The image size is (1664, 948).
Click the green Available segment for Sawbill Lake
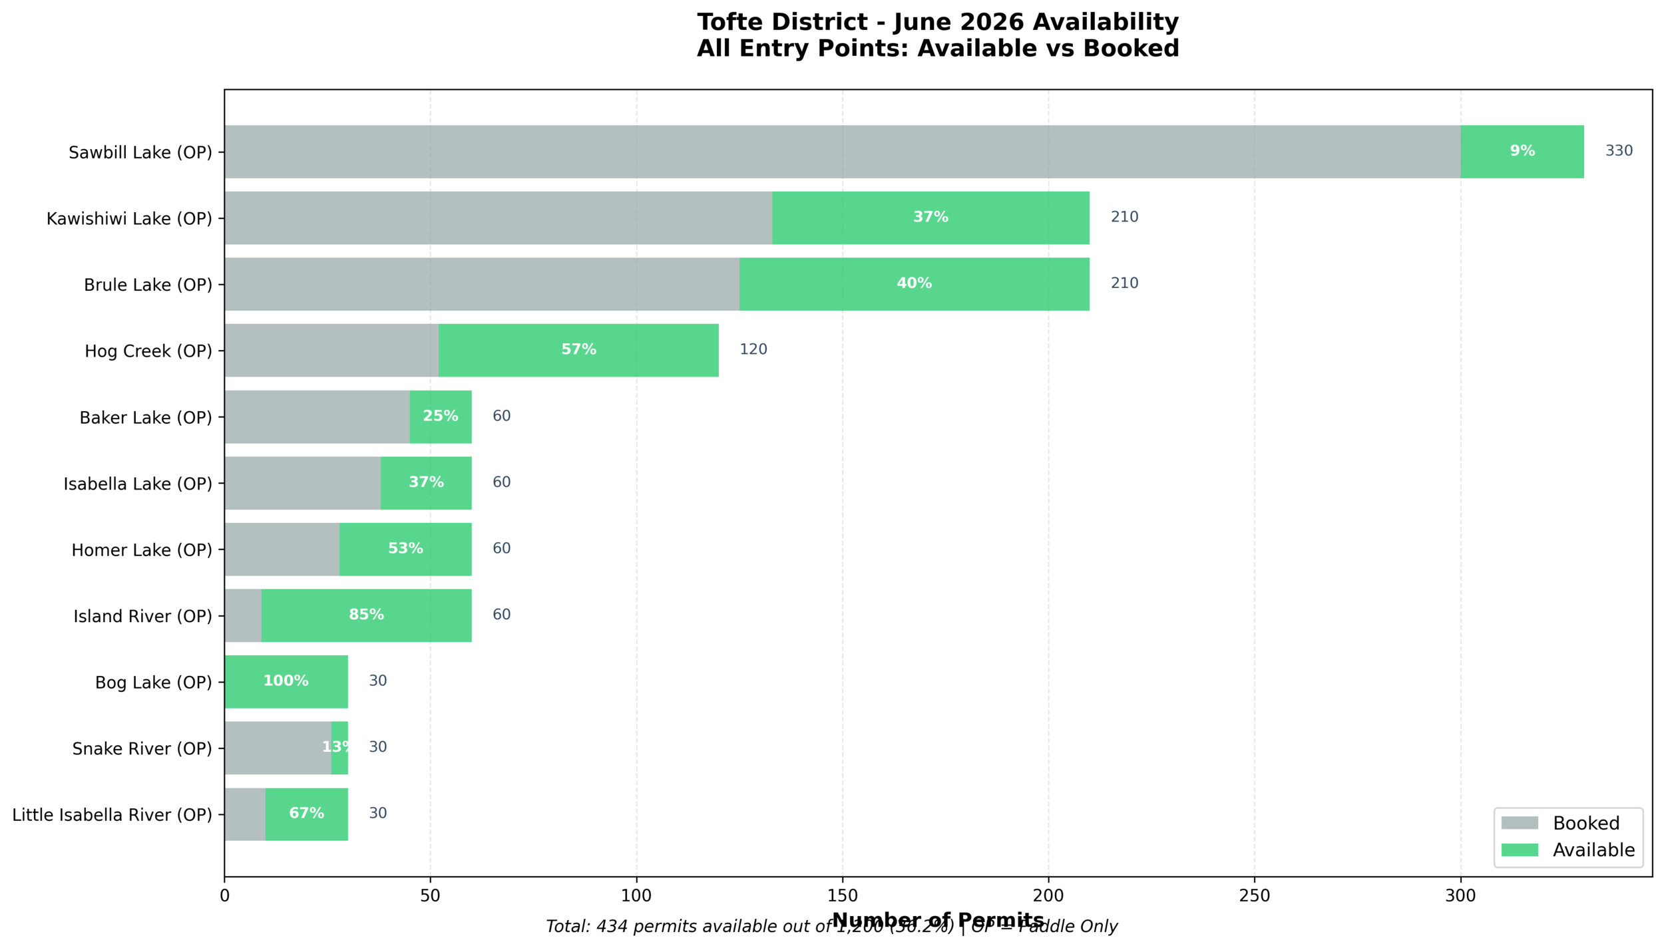tap(1522, 151)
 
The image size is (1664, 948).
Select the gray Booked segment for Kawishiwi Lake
tap(498, 218)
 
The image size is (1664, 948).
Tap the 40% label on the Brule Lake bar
tap(914, 283)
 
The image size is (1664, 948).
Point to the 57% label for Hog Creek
tap(578, 350)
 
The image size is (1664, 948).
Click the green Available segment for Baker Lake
tap(440, 416)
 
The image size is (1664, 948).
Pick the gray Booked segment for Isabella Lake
tap(302, 483)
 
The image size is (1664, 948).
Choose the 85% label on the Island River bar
tap(366, 615)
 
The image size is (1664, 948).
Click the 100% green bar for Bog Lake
tap(286, 681)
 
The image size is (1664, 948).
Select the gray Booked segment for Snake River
tap(278, 748)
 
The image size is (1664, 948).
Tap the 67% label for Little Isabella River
tap(306, 813)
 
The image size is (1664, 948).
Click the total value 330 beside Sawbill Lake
tap(1619, 151)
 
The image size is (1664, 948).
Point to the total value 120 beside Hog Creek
tap(753, 350)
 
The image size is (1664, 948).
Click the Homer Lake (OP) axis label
tap(142, 550)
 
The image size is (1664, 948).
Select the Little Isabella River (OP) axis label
tap(112, 815)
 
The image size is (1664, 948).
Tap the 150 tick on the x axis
tap(842, 896)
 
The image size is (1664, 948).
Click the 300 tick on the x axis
tap(1460, 896)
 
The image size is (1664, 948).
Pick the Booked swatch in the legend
tap(1520, 823)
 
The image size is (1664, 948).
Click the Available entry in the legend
tap(1593, 850)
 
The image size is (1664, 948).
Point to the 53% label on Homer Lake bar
tap(405, 549)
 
